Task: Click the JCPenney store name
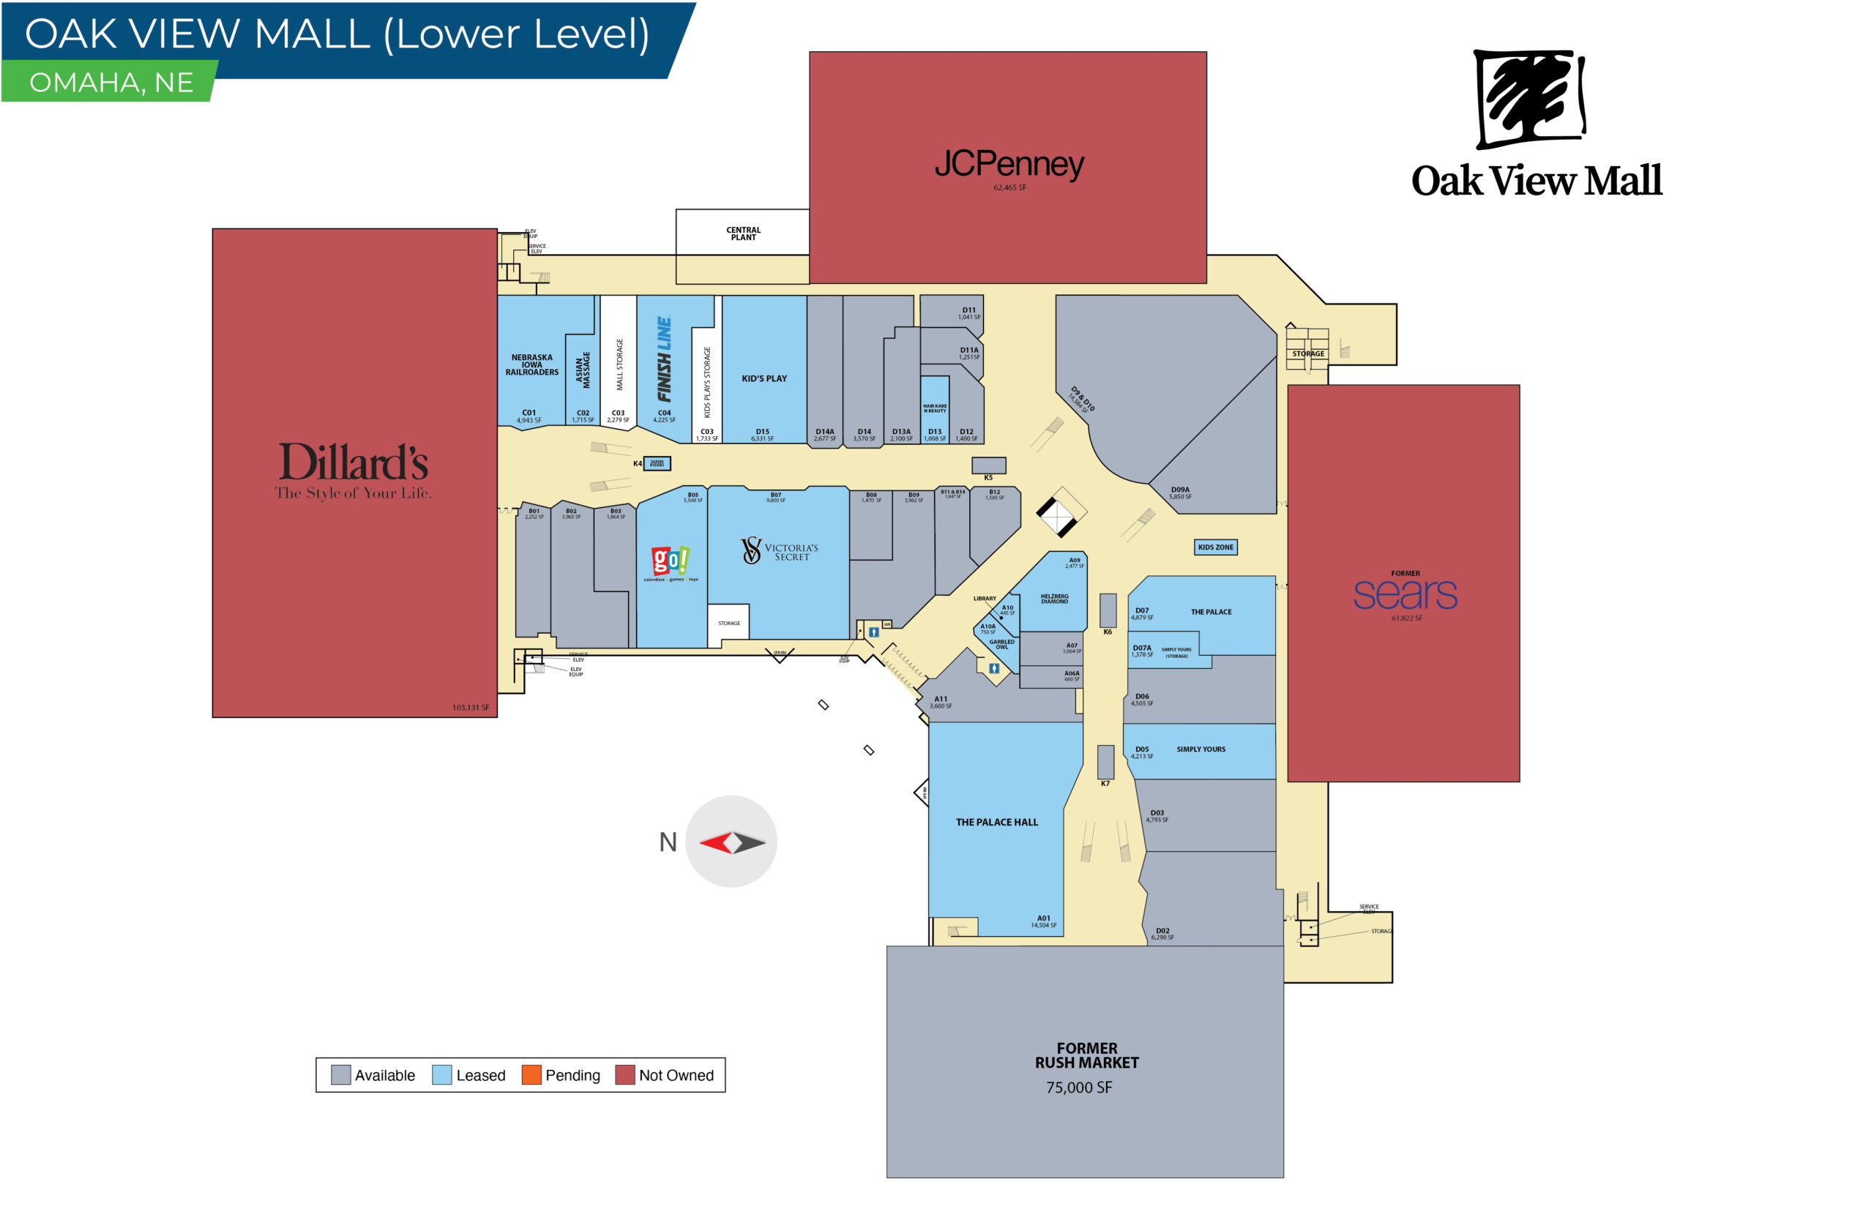coord(1008,164)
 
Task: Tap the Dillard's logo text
coord(354,462)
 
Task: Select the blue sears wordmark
coord(1404,595)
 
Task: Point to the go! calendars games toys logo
coord(670,561)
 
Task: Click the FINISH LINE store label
coord(664,359)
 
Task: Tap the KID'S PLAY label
coord(764,378)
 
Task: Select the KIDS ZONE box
coord(1214,547)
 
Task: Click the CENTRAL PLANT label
coord(743,233)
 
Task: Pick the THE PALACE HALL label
coord(996,823)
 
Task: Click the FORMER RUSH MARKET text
coord(1086,1055)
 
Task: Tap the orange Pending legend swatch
coord(531,1075)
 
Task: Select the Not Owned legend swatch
coord(624,1075)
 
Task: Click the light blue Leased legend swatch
coord(441,1075)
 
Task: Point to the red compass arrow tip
coord(703,844)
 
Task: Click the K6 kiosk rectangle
coord(1108,610)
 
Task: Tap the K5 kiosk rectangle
coord(988,465)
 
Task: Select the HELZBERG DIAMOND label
coord(1054,599)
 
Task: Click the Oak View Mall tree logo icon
coord(1529,98)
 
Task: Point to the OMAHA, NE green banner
coord(111,83)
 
